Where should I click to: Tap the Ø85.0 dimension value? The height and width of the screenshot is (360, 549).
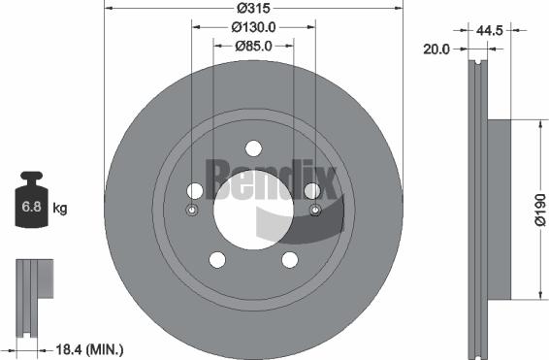(253, 45)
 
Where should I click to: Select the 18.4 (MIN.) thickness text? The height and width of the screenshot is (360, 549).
(90, 347)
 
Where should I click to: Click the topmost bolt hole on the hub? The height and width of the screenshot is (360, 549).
(253, 147)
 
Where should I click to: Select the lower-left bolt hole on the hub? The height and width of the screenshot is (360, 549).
(216, 259)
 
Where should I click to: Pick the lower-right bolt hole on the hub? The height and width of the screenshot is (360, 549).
(290, 259)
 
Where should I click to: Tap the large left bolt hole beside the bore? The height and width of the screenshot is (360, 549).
(194, 191)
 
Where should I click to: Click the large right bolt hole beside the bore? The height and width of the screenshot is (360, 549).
(312, 191)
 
